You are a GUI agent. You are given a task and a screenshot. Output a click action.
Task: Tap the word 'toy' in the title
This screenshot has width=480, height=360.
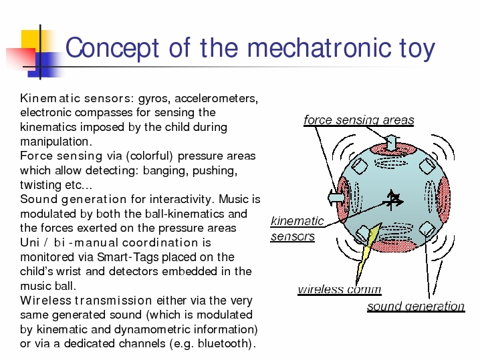[417, 49]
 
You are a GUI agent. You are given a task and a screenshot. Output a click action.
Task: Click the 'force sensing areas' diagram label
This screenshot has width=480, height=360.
[359, 120]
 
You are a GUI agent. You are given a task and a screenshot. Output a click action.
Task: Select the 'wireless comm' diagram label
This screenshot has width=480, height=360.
[340, 289]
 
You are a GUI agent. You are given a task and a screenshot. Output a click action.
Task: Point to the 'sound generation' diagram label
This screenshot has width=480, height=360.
[416, 306]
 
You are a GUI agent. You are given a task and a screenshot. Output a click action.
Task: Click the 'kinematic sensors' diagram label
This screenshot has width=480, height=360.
[297, 228]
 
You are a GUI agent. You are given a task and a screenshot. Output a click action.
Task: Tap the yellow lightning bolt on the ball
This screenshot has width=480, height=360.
[367, 252]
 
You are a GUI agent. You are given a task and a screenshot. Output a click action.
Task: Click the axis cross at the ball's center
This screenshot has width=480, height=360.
[392, 200]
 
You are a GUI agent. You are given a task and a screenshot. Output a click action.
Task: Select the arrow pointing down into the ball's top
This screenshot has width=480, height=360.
[391, 142]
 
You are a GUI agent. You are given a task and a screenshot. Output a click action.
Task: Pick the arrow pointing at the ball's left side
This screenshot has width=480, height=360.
[336, 197]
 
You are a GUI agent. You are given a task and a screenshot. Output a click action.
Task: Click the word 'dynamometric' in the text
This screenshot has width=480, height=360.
[152, 329]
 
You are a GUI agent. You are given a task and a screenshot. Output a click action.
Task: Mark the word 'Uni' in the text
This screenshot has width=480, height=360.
[30, 242]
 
